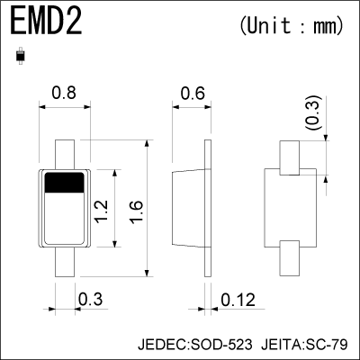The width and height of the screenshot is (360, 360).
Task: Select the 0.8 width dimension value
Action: [64, 92]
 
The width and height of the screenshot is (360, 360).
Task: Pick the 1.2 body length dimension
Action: [104, 212]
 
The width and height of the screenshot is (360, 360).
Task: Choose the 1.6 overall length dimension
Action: [135, 212]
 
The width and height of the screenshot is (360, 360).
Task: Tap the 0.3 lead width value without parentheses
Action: [89, 299]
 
